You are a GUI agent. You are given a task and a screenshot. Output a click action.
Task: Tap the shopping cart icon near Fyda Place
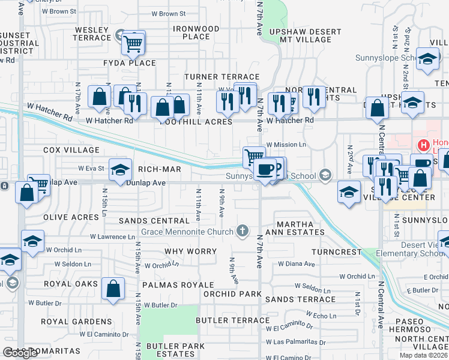pos(133,43)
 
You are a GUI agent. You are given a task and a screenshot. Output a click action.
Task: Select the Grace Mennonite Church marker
pos(243,230)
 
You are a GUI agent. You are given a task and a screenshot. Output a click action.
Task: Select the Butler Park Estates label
pos(171,350)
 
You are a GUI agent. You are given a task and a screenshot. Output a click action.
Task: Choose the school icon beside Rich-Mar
pos(121,170)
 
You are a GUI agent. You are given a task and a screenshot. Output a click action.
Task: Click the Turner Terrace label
pos(221,77)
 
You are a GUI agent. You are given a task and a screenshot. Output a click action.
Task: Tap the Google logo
pos(20,353)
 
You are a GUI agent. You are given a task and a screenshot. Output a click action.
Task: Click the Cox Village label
pos(71,149)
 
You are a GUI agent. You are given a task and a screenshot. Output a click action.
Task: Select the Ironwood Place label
pos(196,32)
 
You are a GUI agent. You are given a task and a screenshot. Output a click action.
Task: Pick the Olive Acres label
pos(71,217)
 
